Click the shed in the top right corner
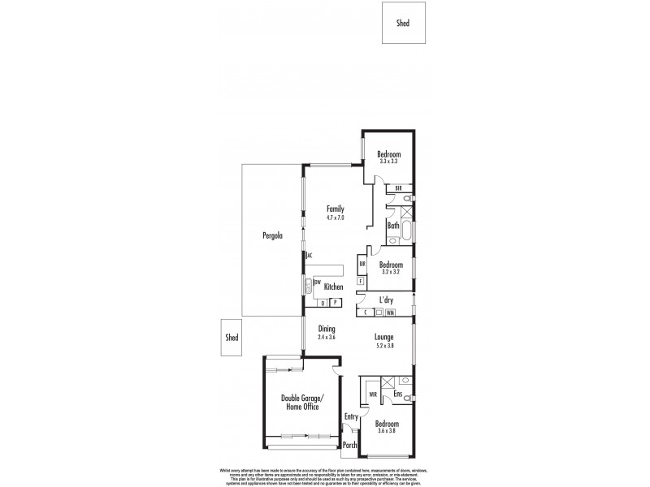click(402, 22)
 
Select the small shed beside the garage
click(232, 338)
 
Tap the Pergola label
click(272, 236)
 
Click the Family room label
click(336, 208)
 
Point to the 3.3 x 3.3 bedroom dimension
click(388, 162)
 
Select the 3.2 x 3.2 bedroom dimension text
click(391, 272)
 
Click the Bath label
click(393, 226)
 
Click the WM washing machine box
click(390, 312)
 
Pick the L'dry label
click(385, 300)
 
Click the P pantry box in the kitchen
click(334, 304)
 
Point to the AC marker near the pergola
click(309, 256)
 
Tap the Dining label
click(327, 329)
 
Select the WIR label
click(372, 395)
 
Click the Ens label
click(399, 394)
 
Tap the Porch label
click(350, 445)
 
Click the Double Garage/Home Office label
click(300, 403)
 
